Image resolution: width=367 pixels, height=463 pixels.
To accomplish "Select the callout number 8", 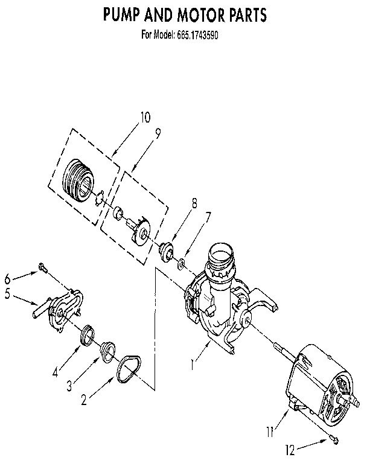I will tap(194, 203).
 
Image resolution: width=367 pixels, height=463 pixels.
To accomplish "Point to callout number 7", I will tap(208, 216).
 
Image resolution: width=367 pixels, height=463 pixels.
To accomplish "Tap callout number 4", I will tap(55, 372).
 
